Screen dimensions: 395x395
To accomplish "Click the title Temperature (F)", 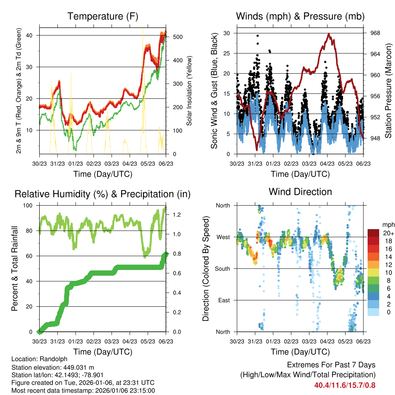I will click(x=103, y=17).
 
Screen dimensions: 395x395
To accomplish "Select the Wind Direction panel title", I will click(x=300, y=192).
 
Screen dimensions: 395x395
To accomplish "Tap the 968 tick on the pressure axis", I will click(x=375, y=33).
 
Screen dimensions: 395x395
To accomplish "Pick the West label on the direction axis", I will click(x=223, y=237).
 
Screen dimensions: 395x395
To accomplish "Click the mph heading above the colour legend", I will click(x=388, y=225).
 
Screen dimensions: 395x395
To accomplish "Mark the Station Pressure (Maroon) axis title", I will click(x=388, y=91).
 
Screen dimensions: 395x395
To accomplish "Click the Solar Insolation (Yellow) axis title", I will click(x=189, y=91).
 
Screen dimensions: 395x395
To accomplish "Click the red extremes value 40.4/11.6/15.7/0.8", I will click(x=345, y=385).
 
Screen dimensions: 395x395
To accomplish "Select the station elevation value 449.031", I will click(x=77, y=367).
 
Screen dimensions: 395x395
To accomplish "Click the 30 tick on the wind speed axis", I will click(x=227, y=33).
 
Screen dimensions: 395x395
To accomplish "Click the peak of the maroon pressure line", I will click(x=329, y=34).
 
